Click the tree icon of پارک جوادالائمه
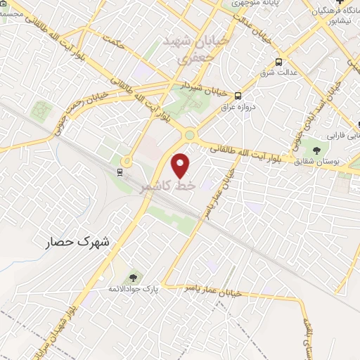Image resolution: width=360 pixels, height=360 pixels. pyautogui.click(x=134, y=276)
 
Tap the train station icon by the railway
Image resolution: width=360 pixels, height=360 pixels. pyautogui.click(x=121, y=171)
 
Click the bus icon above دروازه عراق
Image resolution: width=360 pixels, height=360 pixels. pyautogui.click(x=238, y=96)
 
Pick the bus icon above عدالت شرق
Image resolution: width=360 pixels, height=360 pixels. pyautogui.click(x=279, y=61)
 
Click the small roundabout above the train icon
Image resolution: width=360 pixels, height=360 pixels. pyautogui.click(x=126, y=160)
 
